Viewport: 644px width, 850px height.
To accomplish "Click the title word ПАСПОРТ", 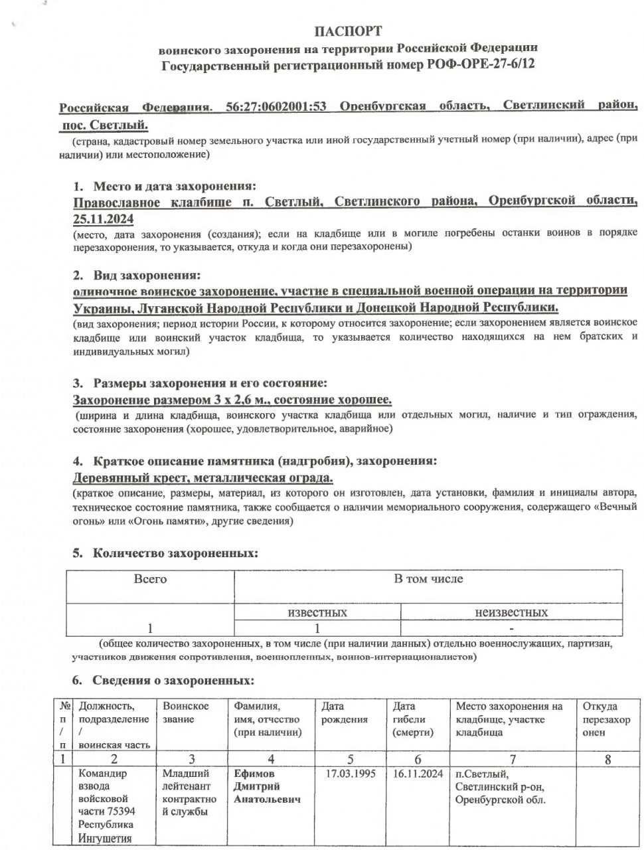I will point(348,31).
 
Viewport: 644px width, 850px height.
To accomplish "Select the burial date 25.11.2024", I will point(104,218).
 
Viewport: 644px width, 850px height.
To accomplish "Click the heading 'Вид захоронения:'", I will point(146,275).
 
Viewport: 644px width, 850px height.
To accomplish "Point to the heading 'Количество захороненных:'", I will point(175,552).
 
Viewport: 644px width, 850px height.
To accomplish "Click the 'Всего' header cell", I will point(150,579).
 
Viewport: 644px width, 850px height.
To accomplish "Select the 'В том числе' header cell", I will point(428,579).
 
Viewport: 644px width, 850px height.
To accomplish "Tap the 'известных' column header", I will point(317,612).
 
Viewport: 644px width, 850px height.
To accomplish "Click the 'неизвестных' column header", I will point(511,612).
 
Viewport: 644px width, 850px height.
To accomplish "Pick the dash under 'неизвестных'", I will point(511,628).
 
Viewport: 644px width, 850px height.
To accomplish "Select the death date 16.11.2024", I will point(418,774).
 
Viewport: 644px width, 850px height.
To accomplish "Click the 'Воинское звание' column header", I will point(186,713).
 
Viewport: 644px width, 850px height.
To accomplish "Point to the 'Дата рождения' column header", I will point(345,713).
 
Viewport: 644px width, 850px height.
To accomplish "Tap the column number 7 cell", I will point(513,759).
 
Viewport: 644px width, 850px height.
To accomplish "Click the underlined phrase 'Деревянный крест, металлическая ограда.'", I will point(202,477).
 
